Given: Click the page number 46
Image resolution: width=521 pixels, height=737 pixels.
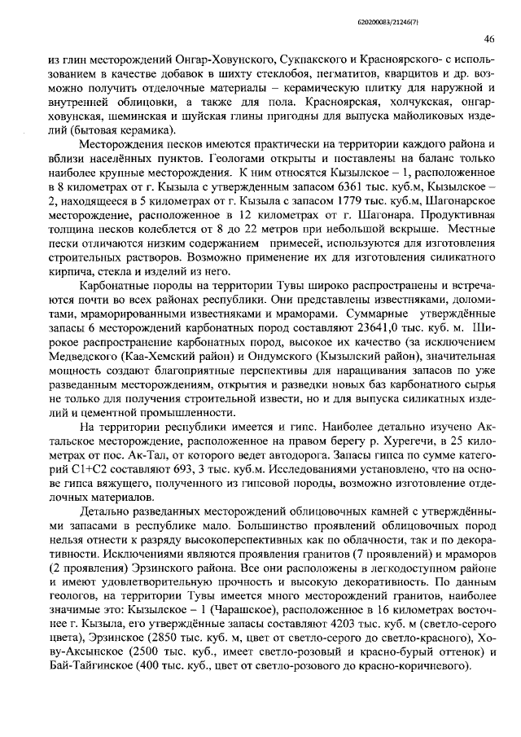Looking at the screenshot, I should point(489,39).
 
